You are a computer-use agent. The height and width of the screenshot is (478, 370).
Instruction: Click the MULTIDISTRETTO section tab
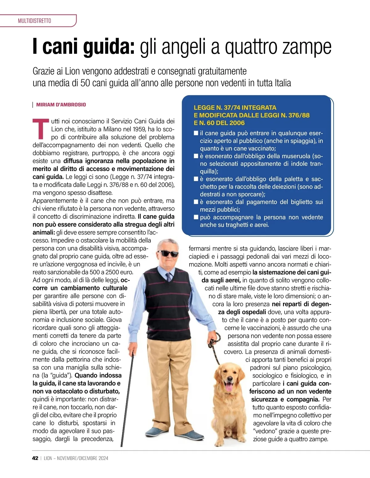click(35, 21)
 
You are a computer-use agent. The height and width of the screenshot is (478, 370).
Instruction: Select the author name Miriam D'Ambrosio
click(61, 105)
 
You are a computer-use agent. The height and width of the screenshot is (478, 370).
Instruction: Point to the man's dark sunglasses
click(168, 253)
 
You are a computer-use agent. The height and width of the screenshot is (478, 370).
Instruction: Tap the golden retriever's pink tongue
click(229, 386)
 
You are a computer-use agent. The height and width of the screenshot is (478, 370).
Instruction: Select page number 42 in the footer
click(35, 458)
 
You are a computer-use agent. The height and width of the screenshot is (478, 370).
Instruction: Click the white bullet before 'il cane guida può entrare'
click(196, 133)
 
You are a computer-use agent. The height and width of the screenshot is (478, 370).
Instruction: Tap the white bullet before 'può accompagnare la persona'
click(196, 217)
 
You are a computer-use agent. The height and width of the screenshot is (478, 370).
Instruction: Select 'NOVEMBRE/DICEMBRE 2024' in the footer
click(83, 458)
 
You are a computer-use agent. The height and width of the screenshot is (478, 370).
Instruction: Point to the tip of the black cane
click(121, 445)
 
